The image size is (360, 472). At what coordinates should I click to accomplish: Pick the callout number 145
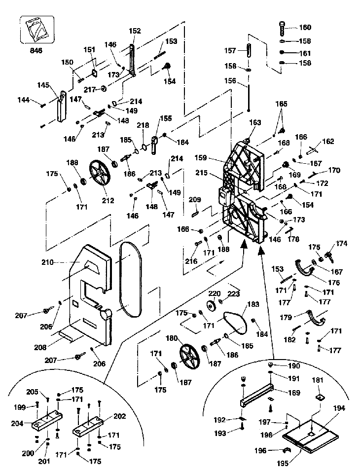(x=43, y=85)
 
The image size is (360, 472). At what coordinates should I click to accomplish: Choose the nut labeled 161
(x=282, y=52)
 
